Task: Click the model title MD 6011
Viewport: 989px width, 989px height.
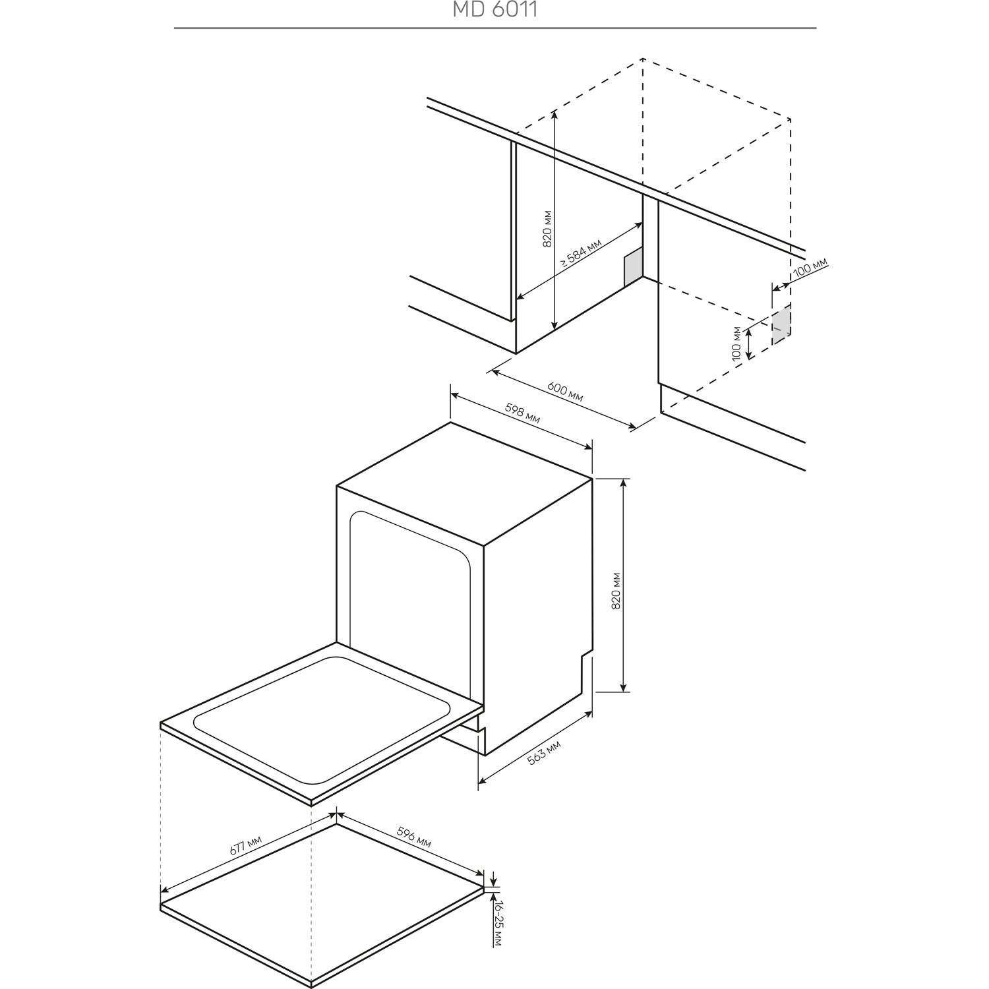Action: point(495,9)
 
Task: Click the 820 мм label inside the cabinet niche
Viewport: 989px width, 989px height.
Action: point(547,229)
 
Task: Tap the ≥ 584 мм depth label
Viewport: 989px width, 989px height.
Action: point(580,252)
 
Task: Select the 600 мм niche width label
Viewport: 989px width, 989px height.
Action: point(565,392)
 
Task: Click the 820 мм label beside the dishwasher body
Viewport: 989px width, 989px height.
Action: point(616,590)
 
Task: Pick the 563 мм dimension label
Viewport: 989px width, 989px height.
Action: point(544,753)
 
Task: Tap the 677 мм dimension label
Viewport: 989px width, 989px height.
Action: point(245,845)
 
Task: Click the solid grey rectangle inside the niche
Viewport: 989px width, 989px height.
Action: point(633,266)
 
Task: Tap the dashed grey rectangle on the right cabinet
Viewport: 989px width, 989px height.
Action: point(781,324)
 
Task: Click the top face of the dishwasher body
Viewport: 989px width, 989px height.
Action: point(464,483)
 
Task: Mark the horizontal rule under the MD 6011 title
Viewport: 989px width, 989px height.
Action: point(495,28)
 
